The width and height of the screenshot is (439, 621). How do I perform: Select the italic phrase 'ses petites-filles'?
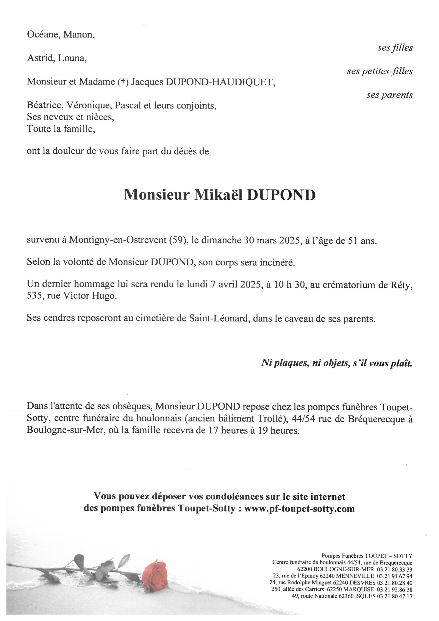pyautogui.click(x=380, y=71)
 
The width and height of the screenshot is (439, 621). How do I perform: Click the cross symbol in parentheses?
pyautogui.click(x=123, y=82)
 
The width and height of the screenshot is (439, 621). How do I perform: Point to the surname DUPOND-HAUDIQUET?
pyautogui.click(x=219, y=82)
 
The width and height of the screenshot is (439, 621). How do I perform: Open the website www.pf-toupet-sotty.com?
pyautogui.click(x=299, y=508)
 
